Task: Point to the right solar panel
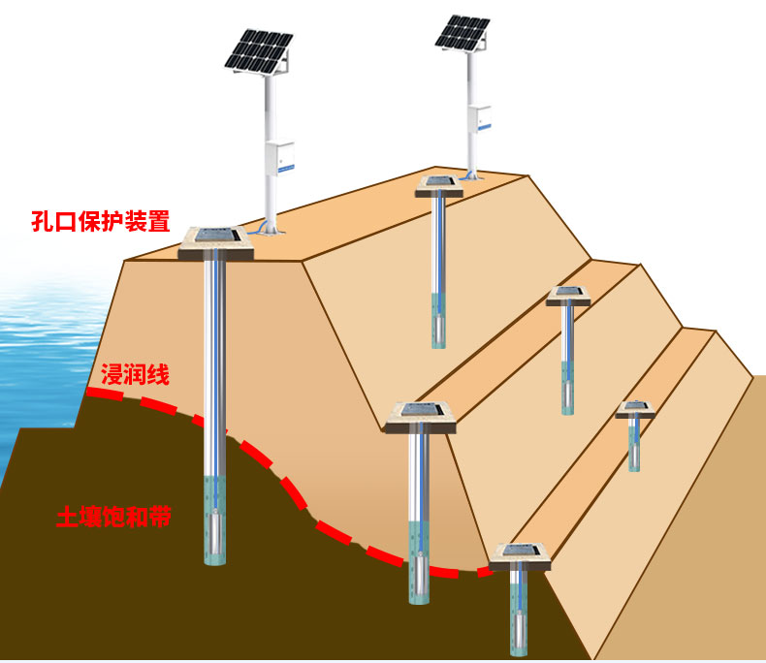[461, 31]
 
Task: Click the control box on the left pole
[282, 156]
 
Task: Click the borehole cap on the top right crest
[438, 185]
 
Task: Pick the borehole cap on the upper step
[568, 296]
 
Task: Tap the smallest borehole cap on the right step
[634, 409]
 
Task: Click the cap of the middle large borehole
[421, 417]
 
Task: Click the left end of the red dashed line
[90, 392]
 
